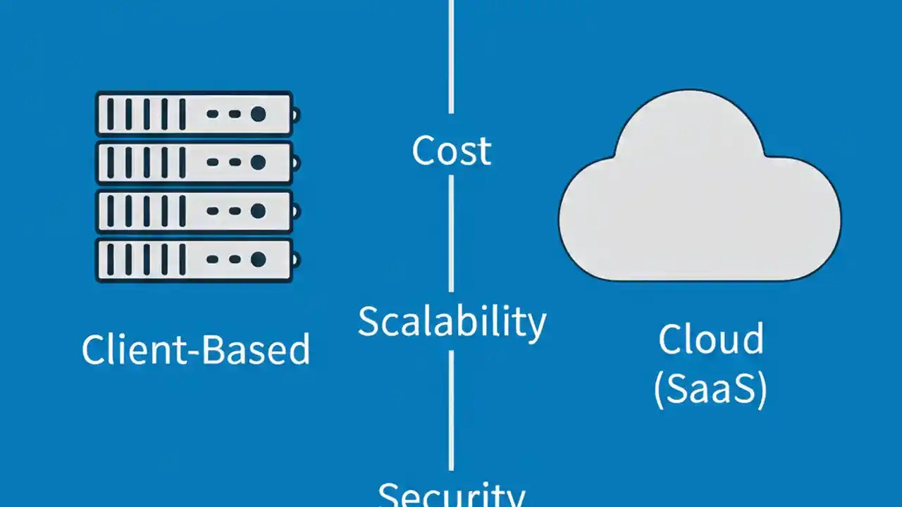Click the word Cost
451,151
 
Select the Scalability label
451,323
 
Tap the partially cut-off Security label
451,494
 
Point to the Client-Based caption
195,349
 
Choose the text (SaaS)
710,390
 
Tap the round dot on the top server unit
258,113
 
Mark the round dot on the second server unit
258,163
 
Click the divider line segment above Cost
451,56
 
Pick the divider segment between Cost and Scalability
451,232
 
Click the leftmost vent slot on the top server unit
110,113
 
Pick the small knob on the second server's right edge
296,163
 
